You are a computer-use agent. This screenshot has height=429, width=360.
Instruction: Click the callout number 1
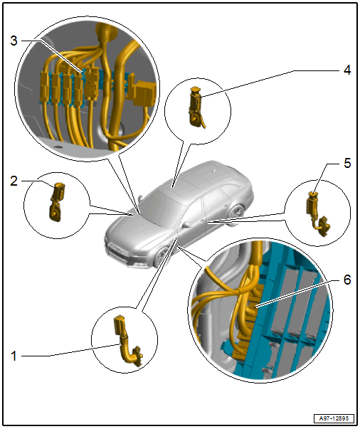pyautogui.click(x=14, y=356)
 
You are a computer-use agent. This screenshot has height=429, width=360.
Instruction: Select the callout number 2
pyautogui.click(x=14, y=181)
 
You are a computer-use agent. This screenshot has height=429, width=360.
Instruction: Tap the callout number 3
pyautogui.click(x=14, y=41)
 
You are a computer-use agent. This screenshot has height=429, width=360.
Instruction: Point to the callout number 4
pyautogui.click(x=347, y=70)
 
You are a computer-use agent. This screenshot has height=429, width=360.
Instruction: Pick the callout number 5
pyautogui.click(x=347, y=164)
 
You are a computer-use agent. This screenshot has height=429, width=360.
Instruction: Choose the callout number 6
pyautogui.click(x=347, y=280)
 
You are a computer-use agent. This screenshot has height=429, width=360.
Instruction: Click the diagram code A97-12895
pyautogui.click(x=334, y=418)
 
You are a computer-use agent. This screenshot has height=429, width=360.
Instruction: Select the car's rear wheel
pyautogui.click(x=237, y=215)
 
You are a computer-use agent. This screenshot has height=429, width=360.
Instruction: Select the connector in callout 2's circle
pyautogui.click(x=58, y=201)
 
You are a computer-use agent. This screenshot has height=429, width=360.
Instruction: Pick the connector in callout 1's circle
pyautogui.click(x=127, y=340)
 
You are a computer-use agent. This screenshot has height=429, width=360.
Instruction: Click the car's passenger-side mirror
pyautogui.click(x=186, y=225)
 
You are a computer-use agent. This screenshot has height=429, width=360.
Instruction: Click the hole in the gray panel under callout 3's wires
pyautogui.click(x=57, y=147)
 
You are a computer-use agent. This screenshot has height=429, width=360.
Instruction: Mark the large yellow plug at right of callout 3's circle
pyautogui.click(x=144, y=92)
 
